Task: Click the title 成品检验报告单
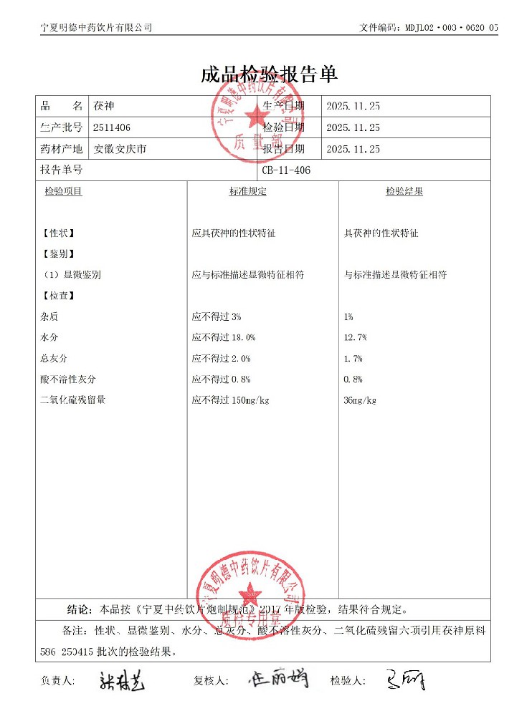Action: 269,75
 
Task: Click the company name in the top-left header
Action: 96,28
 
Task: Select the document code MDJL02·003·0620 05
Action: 451,28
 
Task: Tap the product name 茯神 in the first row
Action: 104,106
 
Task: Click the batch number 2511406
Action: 112,127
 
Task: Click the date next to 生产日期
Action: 353,106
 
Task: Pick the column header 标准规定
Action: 247,192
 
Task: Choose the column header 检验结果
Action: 404,192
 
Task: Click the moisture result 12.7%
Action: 356,337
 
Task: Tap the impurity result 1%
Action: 349,316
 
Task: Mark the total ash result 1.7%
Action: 353,358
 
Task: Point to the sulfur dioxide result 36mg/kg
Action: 361,400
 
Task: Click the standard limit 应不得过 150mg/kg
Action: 230,400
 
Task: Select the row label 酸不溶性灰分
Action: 68,379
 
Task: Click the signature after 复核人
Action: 278,679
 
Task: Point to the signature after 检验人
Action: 405,679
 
